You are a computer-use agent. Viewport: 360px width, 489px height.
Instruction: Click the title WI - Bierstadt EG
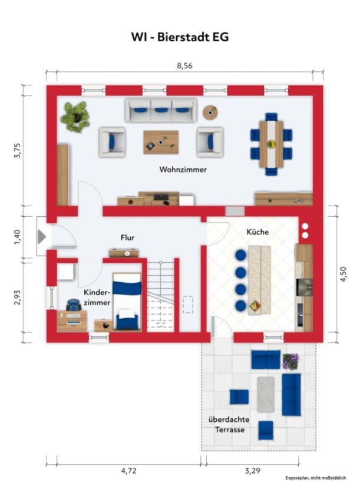click(x=180, y=37)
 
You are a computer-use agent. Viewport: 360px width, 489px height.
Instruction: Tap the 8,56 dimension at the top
click(x=184, y=66)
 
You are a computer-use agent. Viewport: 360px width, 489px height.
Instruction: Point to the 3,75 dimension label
click(x=17, y=150)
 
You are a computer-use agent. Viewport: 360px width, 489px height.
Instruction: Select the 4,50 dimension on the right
click(x=343, y=275)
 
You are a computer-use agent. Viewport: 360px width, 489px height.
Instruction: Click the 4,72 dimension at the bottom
click(x=129, y=471)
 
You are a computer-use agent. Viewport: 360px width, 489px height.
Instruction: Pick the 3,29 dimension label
click(x=252, y=471)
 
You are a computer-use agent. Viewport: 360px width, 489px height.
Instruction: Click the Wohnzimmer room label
click(x=183, y=170)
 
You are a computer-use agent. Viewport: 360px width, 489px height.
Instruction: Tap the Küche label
click(x=257, y=232)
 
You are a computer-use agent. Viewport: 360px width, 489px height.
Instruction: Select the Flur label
click(x=127, y=237)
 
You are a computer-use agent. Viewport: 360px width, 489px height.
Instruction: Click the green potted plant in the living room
click(x=75, y=117)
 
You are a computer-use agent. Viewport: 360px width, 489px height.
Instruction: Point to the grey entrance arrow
click(x=42, y=237)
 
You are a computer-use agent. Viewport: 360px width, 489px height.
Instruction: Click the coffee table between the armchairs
click(x=161, y=142)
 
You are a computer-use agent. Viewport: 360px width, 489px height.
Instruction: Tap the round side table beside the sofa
click(x=210, y=113)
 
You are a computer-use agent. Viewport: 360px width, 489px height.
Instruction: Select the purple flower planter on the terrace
click(x=290, y=362)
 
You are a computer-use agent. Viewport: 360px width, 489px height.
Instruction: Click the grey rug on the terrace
click(x=266, y=395)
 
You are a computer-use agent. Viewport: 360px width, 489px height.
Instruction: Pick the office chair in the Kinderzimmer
click(x=74, y=305)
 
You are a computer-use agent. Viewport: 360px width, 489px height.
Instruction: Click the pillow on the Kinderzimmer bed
click(x=127, y=314)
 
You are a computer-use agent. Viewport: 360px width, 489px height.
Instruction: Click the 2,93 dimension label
click(x=17, y=297)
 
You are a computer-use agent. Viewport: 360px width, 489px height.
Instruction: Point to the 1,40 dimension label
click(x=17, y=237)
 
